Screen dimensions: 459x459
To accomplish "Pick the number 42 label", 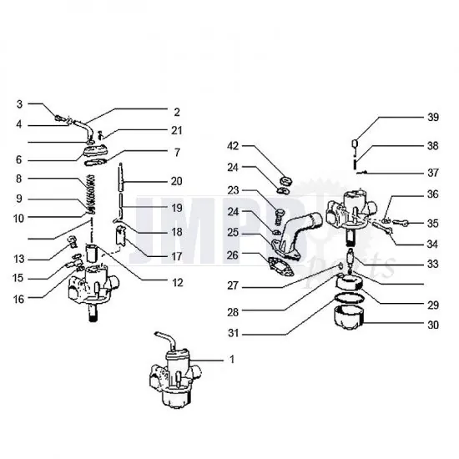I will [233, 145].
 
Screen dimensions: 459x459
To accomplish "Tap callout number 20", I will [176, 180].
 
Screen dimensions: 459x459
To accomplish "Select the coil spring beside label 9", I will [88, 200].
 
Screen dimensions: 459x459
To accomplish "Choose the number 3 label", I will [19, 104].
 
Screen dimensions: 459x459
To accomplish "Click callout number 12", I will [176, 282].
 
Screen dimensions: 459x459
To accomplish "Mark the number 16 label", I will [19, 298].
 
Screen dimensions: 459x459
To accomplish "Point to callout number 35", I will [432, 224].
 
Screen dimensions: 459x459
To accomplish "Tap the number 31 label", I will [233, 335].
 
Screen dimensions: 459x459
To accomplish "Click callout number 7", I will [176, 153].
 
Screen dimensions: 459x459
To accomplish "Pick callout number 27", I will [233, 284].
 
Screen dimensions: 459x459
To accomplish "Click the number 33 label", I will [432, 264].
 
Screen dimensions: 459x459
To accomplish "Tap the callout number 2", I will [176, 111].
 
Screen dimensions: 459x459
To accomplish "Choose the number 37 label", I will [432, 173].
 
